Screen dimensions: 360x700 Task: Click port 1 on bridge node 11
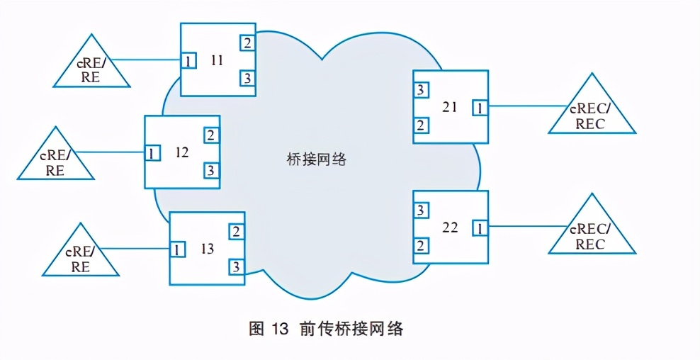[188, 62]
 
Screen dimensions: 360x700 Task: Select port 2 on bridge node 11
[247, 43]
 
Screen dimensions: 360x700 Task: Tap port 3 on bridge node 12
[211, 170]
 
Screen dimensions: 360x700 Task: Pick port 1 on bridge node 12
[152, 152]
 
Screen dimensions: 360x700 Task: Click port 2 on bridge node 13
[235, 232]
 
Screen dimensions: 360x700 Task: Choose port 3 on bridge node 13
[235, 266]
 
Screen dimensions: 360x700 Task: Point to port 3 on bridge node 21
[420, 90]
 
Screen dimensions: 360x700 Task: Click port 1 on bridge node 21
[480, 108]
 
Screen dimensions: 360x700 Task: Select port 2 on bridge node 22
[420, 246]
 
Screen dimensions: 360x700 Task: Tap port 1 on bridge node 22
[480, 228]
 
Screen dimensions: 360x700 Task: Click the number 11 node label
[217, 60]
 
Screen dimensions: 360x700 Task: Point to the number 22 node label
[450, 227]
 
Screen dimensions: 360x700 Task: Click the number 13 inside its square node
[207, 249]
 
